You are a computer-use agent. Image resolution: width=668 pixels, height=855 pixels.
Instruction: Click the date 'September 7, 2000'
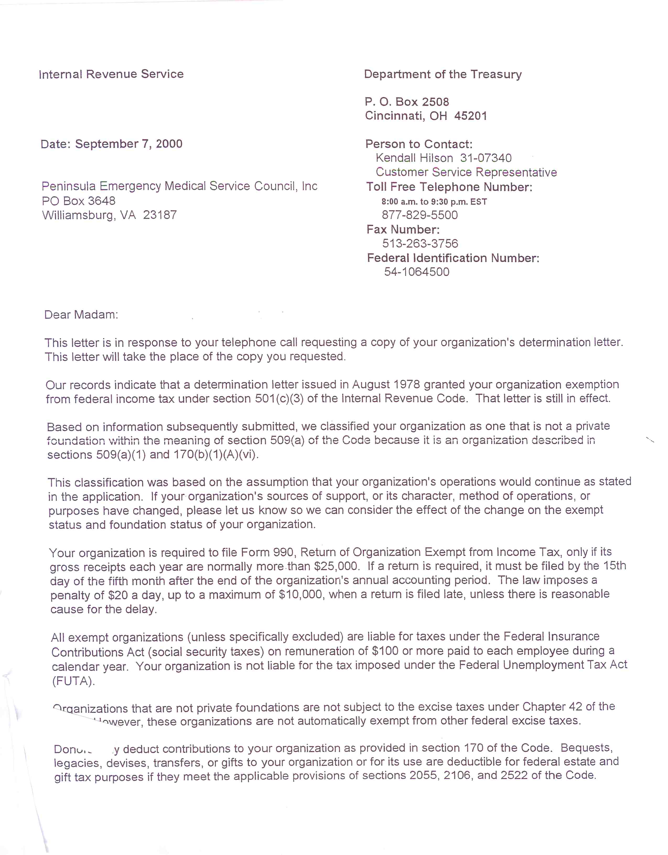pyautogui.click(x=129, y=144)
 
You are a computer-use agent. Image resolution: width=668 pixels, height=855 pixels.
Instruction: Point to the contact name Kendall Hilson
pyautogui.click(x=414, y=158)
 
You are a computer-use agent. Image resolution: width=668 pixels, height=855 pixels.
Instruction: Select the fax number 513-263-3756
pyautogui.click(x=420, y=243)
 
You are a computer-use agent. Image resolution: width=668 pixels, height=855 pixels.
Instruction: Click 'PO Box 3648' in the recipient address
pyautogui.click(x=79, y=201)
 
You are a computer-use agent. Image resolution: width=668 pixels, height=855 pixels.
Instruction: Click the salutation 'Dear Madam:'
pyautogui.click(x=81, y=315)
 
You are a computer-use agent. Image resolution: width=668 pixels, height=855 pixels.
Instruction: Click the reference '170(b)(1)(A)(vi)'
pyautogui.click(x=216, y=455)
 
